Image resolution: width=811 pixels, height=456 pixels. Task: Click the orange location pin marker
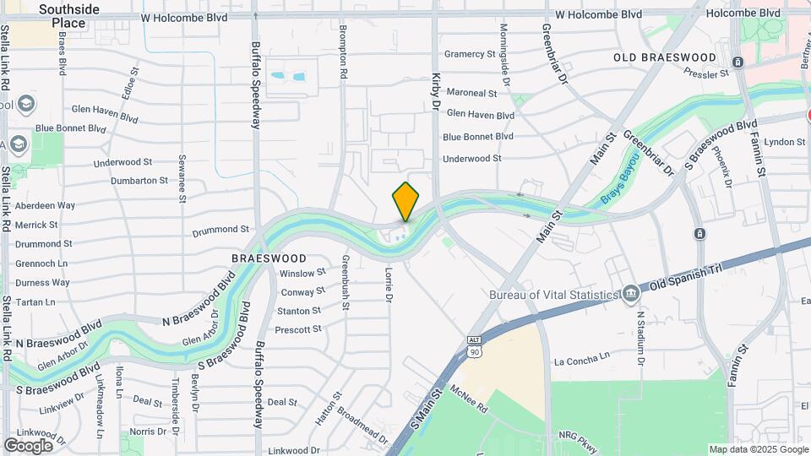coord(405,201)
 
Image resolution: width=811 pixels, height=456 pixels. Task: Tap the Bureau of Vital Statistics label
coord(554,295)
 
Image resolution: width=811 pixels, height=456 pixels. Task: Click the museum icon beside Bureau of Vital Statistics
coord(630,294)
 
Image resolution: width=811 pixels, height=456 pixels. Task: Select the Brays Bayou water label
coord(621,178)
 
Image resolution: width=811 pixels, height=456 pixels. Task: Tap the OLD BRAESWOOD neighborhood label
coord(665,57)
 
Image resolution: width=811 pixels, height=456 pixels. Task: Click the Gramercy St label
coord(470,54)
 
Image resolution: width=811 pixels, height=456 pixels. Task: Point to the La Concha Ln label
coord(581,361)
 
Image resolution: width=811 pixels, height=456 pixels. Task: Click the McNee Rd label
coord(470,399)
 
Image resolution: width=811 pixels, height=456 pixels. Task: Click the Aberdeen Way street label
coord(45,205)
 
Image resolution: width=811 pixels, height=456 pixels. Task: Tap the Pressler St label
coord(705,74)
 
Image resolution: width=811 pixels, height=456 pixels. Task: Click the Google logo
coord(28,445)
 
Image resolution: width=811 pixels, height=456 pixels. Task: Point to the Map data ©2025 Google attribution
coord(758,449)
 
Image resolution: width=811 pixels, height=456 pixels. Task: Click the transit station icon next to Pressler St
coord(738,62)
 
